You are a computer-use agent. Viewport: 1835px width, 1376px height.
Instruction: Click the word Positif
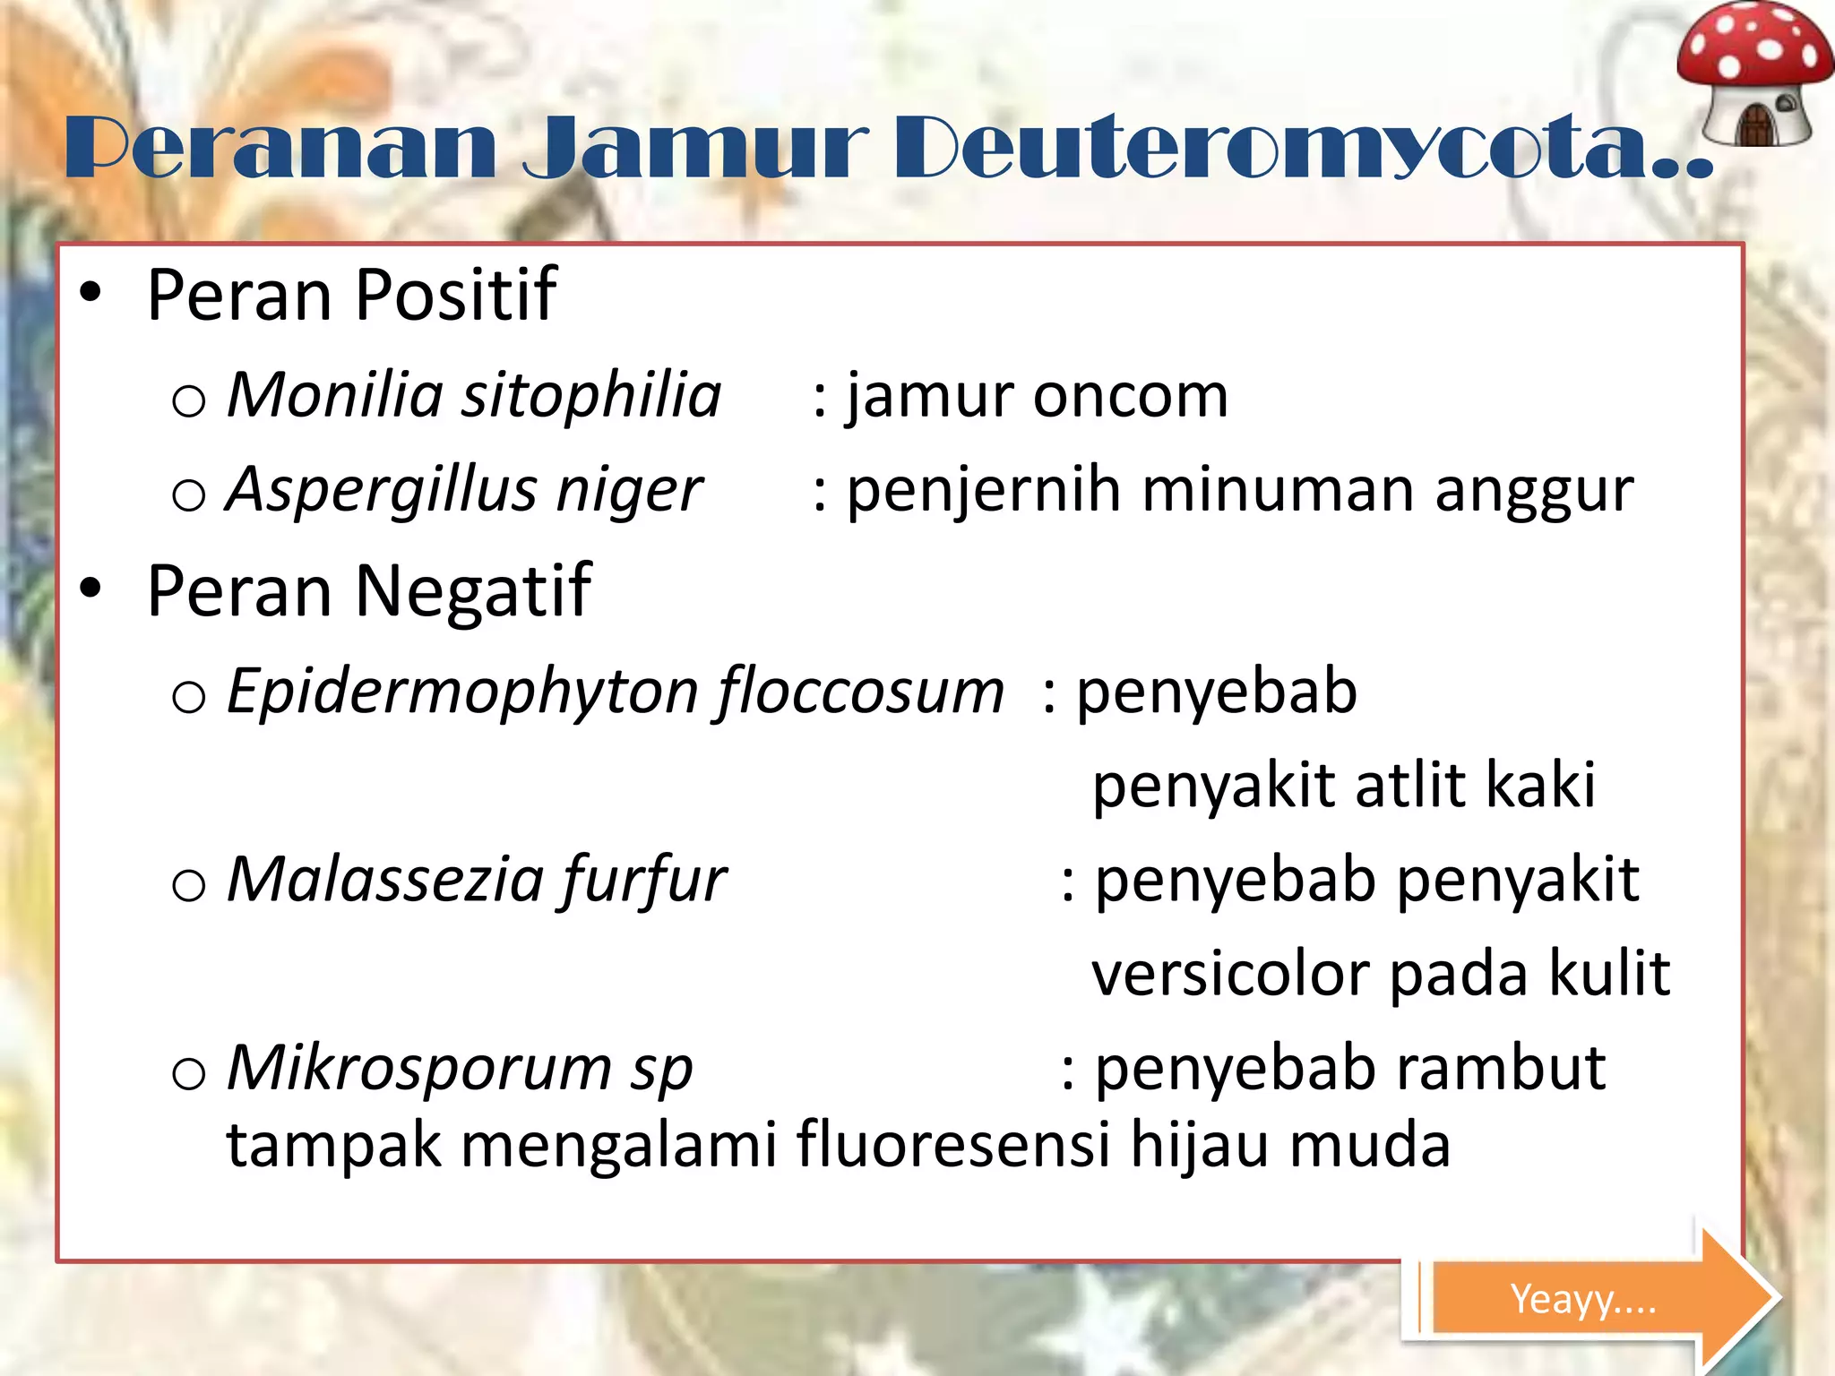pos(456,296)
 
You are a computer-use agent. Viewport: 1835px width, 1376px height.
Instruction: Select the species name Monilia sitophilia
pos(474,395)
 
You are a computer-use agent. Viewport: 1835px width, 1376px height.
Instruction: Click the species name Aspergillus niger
pos(464,490)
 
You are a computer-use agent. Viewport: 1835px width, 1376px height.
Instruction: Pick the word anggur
pos(1533,492)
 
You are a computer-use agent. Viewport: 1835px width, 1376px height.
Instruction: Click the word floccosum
pos(860,692)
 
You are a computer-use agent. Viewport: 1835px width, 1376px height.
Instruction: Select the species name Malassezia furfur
pos(476,880)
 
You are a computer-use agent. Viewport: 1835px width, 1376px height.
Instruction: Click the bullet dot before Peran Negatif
pos(90,589)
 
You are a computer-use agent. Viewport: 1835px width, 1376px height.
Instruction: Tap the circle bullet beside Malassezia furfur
pos(188,886)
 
